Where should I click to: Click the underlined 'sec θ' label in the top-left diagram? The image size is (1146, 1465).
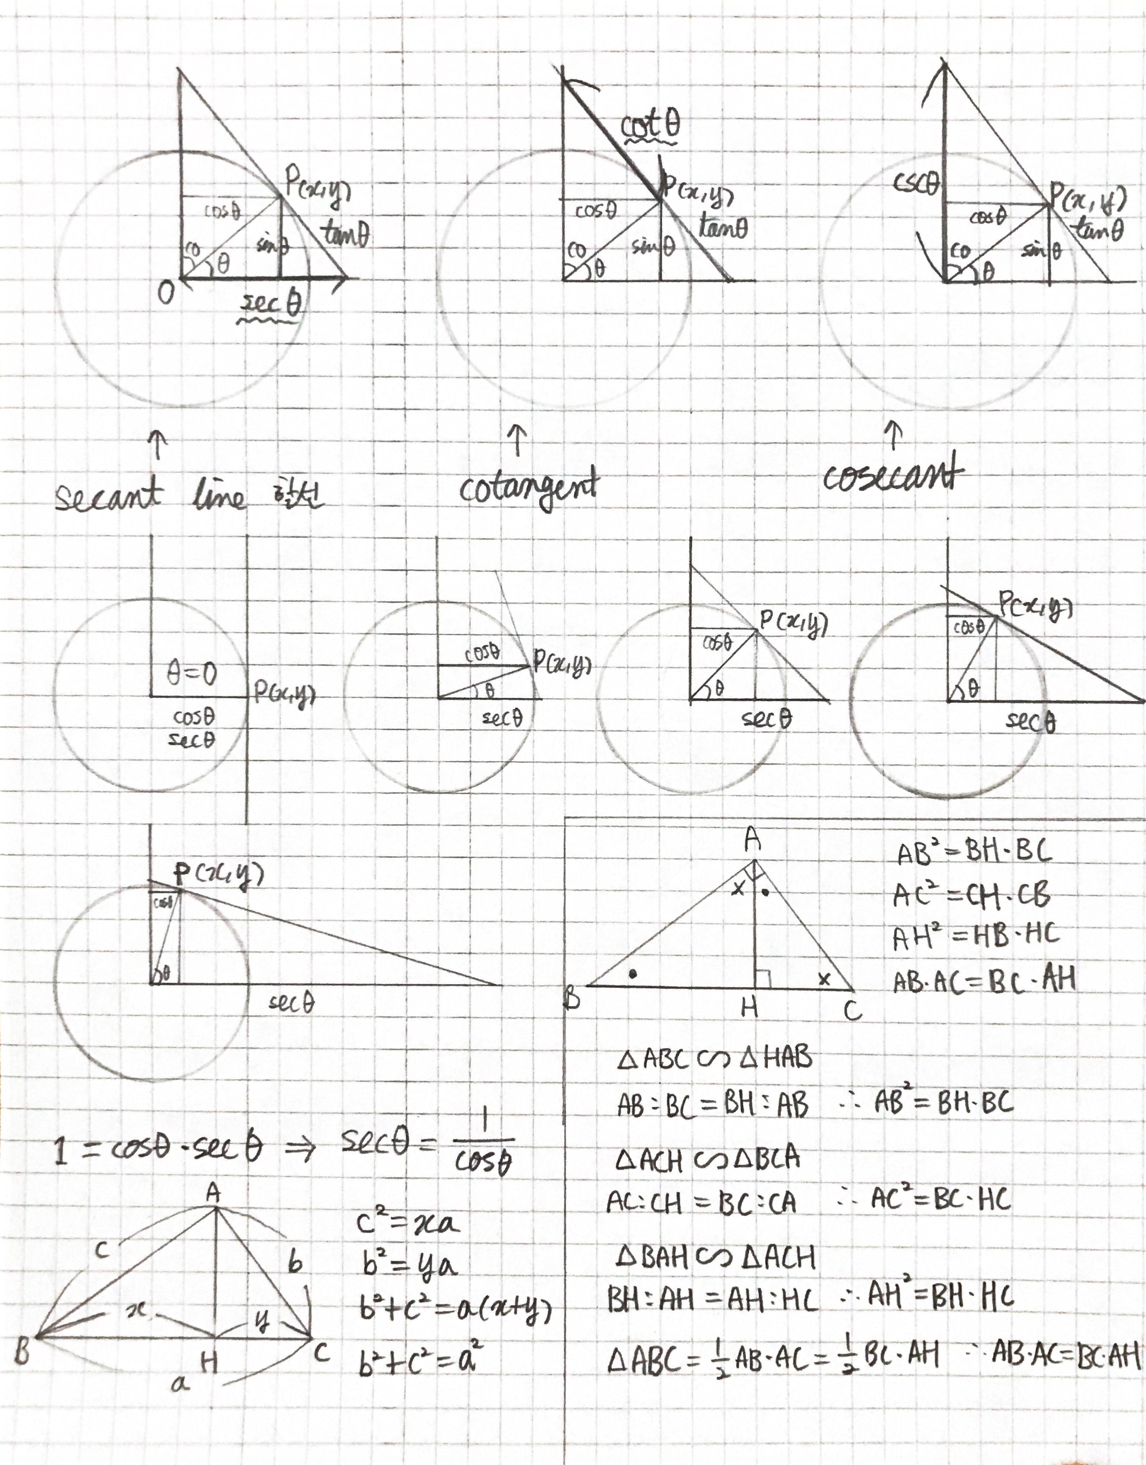(271, 305)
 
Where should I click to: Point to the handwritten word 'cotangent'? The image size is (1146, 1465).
(528, 488)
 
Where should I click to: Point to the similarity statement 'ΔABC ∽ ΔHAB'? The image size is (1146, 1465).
(714, 1058)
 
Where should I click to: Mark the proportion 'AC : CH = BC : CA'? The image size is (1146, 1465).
(701, 1203)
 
